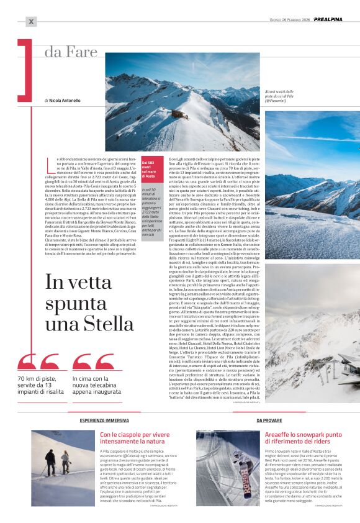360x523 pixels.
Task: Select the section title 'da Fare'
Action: (70, 52)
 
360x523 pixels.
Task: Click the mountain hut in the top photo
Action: (178, 115)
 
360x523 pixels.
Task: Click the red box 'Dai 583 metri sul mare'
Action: (153, 170)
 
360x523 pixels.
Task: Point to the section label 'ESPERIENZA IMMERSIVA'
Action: (104, 421)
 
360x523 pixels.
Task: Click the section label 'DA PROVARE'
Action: (269, 421)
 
